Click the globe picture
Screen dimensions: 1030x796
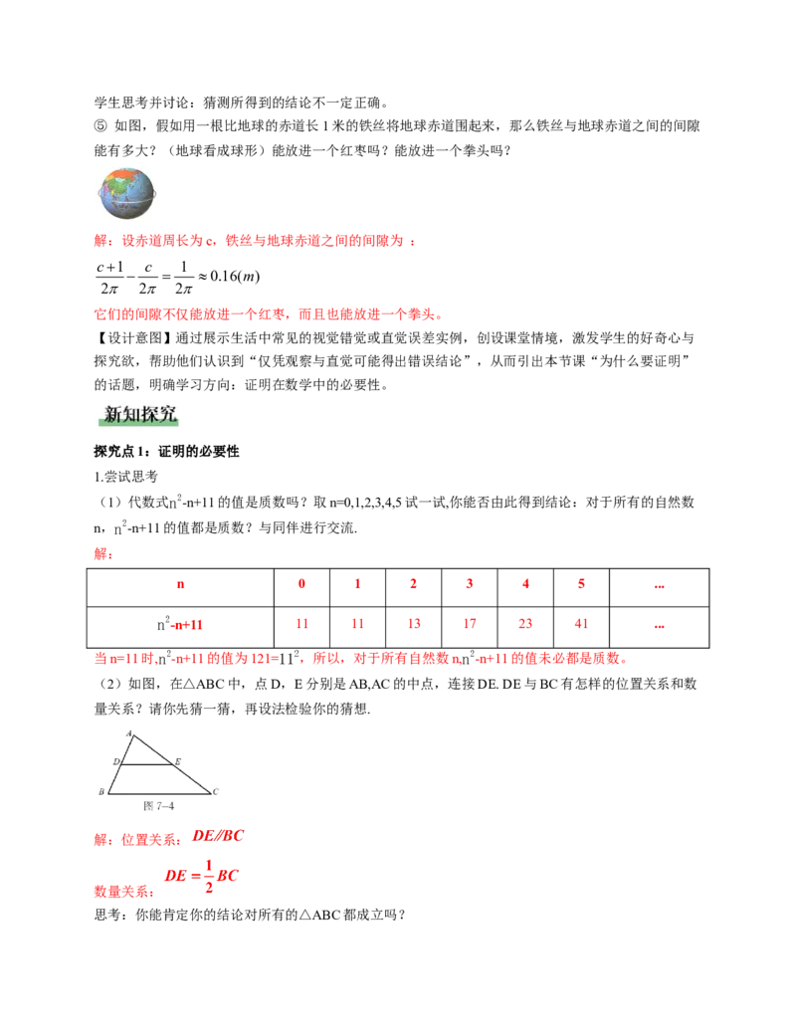(x=126, y=194)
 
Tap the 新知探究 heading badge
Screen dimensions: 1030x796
(x=139, y=417)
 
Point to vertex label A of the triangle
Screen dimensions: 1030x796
(x=131, y=731)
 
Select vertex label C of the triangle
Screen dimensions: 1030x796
(x=215, y=792)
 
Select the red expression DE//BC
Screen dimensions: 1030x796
(x=218, y=836)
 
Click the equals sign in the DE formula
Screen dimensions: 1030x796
(x=196, y=877)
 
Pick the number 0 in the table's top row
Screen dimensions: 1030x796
(x=302, y=583)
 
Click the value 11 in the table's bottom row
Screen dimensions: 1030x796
(x=302, y=623)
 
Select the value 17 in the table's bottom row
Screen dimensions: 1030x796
(x=470, y=623)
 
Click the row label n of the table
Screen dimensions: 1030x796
(x=180, y=584)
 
